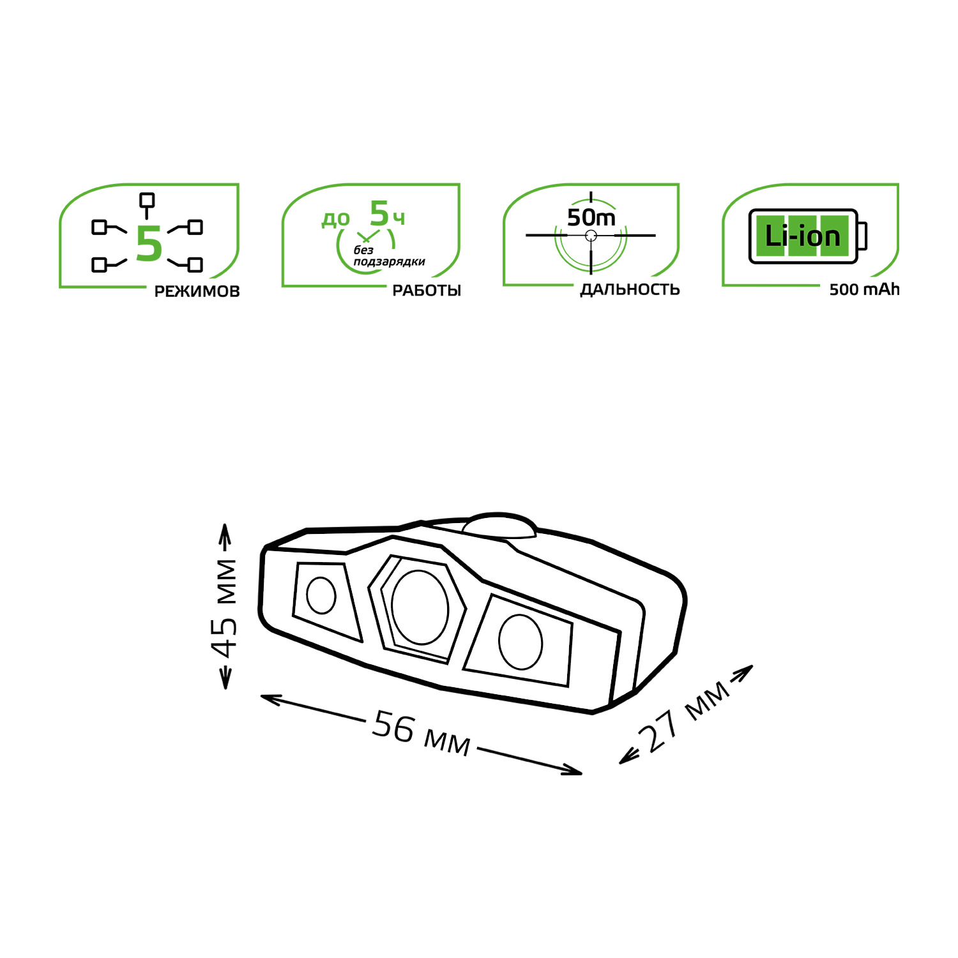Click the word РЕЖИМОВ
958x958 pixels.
[197, 291]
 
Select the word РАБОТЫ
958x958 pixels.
[427, 291]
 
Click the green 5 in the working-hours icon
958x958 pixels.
[379, 213]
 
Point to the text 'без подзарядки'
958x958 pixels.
[389, 256]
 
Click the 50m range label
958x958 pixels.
[591, 218]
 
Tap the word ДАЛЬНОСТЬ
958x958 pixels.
[630, 290]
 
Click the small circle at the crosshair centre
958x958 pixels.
[591, 236]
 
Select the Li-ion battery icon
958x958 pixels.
[808, 236]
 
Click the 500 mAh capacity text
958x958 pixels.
[864, 289]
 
